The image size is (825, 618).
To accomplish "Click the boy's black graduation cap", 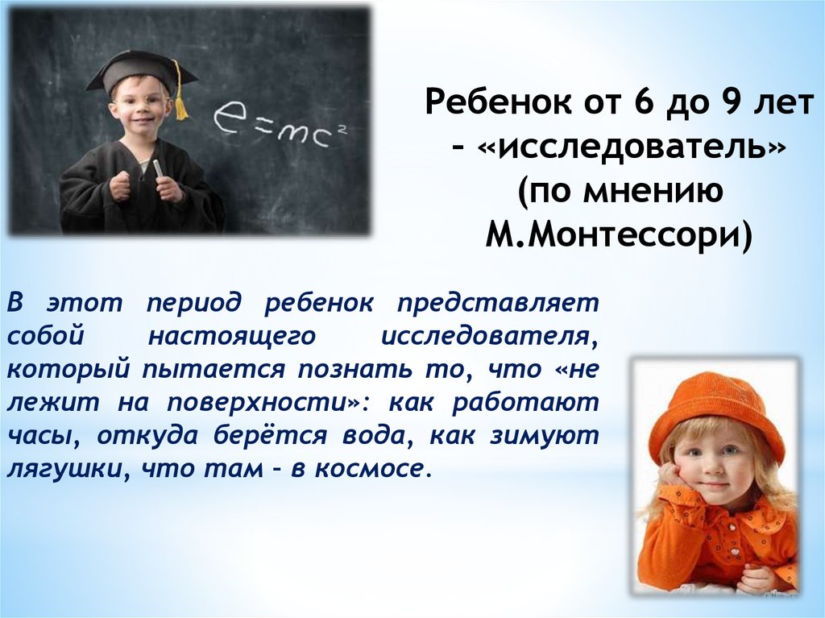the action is [x=141, y=73].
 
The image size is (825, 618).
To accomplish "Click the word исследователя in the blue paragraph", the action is [x=484, y=337].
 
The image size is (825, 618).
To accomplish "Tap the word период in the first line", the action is [x=194, y=305].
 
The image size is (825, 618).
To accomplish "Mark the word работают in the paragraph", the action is [x=525, y=403].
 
